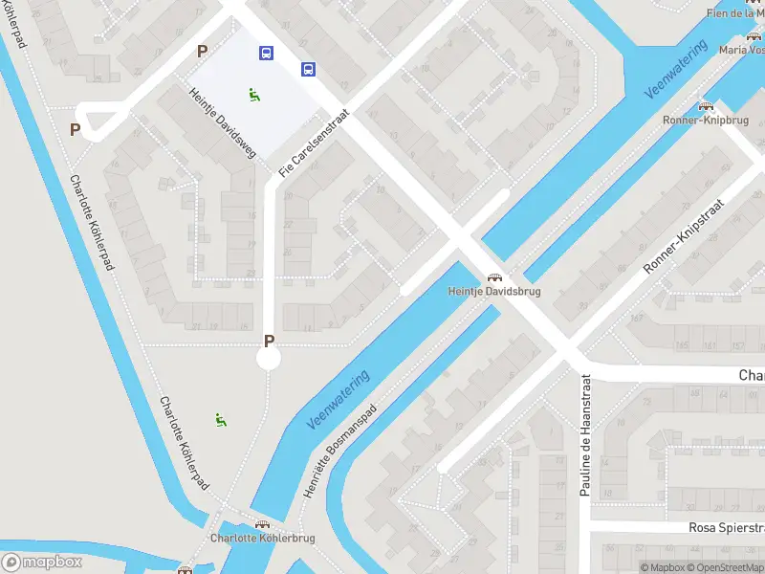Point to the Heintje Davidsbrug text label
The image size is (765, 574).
493,291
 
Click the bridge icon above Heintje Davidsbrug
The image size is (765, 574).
493,276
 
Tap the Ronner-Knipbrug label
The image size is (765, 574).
706,121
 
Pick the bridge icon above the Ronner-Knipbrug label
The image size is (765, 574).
706,106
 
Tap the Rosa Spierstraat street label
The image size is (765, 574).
727,528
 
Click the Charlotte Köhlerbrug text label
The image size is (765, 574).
262,539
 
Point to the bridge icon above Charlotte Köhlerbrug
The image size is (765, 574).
262,524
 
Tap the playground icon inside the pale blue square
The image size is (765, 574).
254,94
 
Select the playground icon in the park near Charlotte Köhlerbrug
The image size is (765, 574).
221,419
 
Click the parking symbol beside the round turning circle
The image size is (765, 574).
269,341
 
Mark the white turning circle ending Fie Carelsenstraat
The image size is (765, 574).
269,359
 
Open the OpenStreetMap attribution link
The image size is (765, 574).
728,567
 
